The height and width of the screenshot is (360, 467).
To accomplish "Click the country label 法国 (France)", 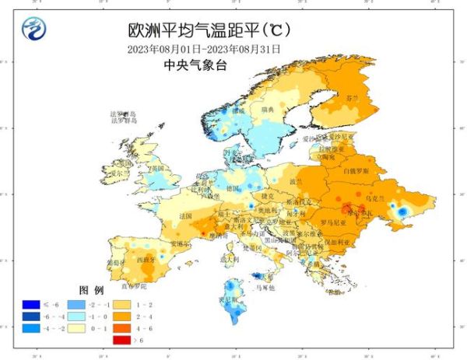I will (185, 215).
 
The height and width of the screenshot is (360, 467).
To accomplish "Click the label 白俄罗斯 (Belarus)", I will (357, 169).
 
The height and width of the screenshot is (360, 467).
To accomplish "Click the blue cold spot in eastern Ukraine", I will (402, 211).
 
